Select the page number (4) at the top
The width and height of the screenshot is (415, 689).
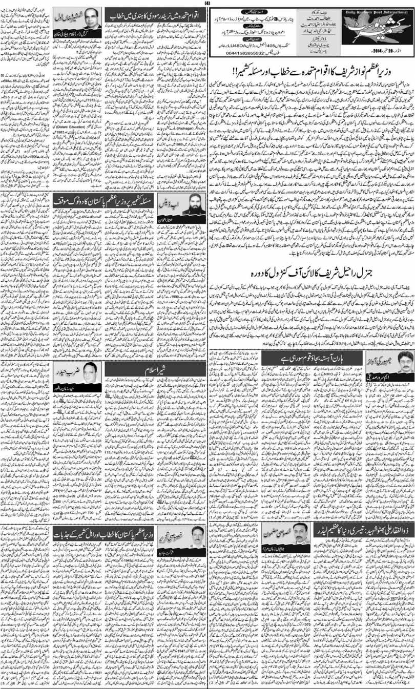pyautogui.click(x=207, y=3)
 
